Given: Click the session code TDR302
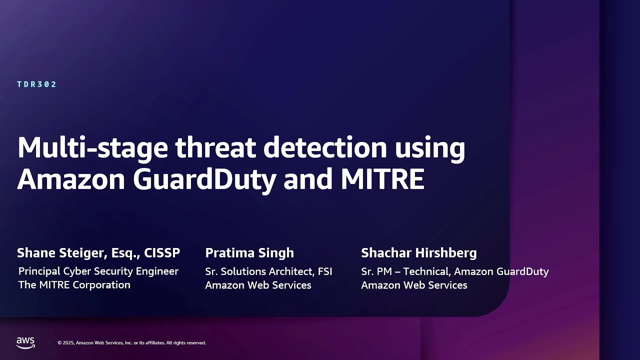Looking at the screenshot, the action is pos(36,84).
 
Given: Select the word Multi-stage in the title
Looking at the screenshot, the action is pos(92,148).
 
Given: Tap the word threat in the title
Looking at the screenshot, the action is pos(215,147).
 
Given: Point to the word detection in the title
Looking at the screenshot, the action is pos(325,147).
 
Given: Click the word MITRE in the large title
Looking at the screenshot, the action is pos(382,179).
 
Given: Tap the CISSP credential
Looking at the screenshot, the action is pos(162,253).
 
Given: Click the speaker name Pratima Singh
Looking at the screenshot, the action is pos(249,253).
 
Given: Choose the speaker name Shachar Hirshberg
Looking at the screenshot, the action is pos(419,253).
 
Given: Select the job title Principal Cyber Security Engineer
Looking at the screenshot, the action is pos(98,271).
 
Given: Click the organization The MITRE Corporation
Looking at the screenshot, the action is pos(74,285).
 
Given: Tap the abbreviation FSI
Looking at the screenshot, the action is pos(325,271).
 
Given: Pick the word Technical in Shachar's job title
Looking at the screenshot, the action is pos(427,271).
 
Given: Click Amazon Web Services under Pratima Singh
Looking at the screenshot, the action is pos(258,285).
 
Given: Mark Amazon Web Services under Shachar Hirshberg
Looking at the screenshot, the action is pos(414,285).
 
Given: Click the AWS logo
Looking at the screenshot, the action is pos(25,343).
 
